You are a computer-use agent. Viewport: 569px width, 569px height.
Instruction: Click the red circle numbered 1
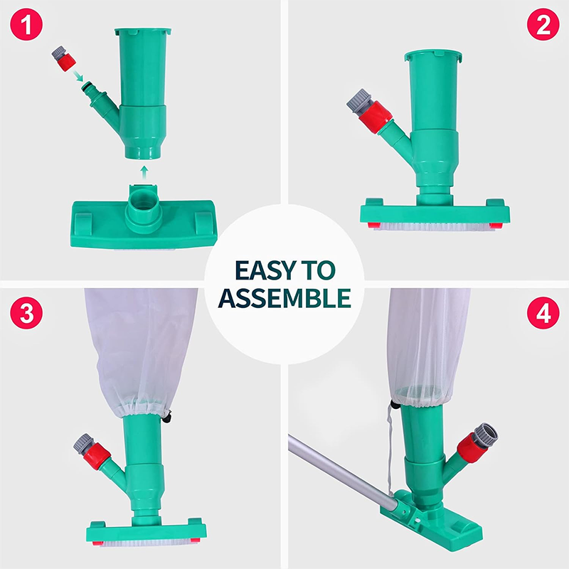click(x=26, y=27)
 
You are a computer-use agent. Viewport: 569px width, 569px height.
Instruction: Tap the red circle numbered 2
click(x=543, y=27)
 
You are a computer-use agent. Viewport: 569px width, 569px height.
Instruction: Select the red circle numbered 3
click(x=26, y=314)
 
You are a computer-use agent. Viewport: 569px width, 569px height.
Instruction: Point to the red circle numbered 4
click(x=543, y=314)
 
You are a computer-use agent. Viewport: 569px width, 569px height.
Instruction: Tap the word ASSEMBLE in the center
click(x=284, y=298)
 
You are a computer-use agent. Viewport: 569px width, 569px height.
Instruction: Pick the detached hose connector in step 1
click(x=65, y=58)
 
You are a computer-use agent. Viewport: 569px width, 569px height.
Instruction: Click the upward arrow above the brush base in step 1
click(x=144, y=171)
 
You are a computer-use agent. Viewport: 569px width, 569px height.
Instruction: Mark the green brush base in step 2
click(x=434, y=212)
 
